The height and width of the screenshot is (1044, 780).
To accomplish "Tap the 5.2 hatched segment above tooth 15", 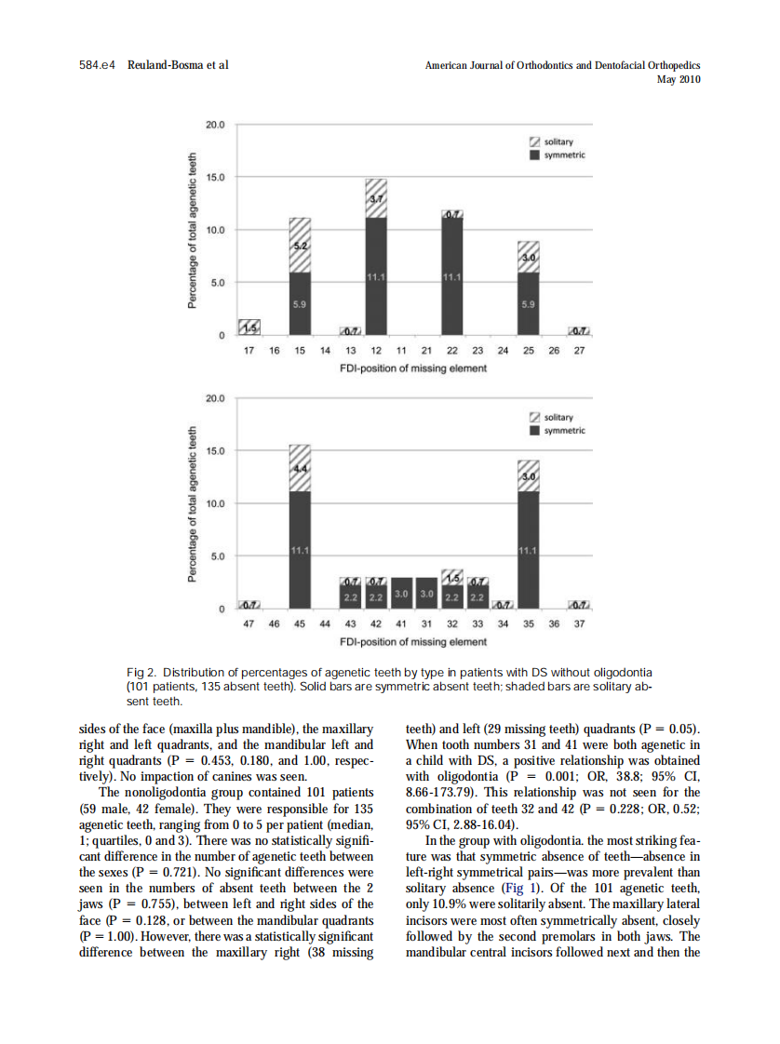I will (300, 245).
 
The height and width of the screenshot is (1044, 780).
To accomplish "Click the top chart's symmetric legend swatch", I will (534, 154).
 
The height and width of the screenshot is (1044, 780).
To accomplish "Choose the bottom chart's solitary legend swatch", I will (534, 417).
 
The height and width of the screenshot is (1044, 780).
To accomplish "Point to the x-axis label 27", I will (579, 351).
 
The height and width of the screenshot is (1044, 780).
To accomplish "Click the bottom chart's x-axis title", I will (413, 642).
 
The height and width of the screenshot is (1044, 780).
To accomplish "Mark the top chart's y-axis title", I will (194, 230).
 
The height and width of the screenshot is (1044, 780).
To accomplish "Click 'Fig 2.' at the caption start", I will (140, 672).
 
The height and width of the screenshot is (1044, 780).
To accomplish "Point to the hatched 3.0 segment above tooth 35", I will (528, 476).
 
